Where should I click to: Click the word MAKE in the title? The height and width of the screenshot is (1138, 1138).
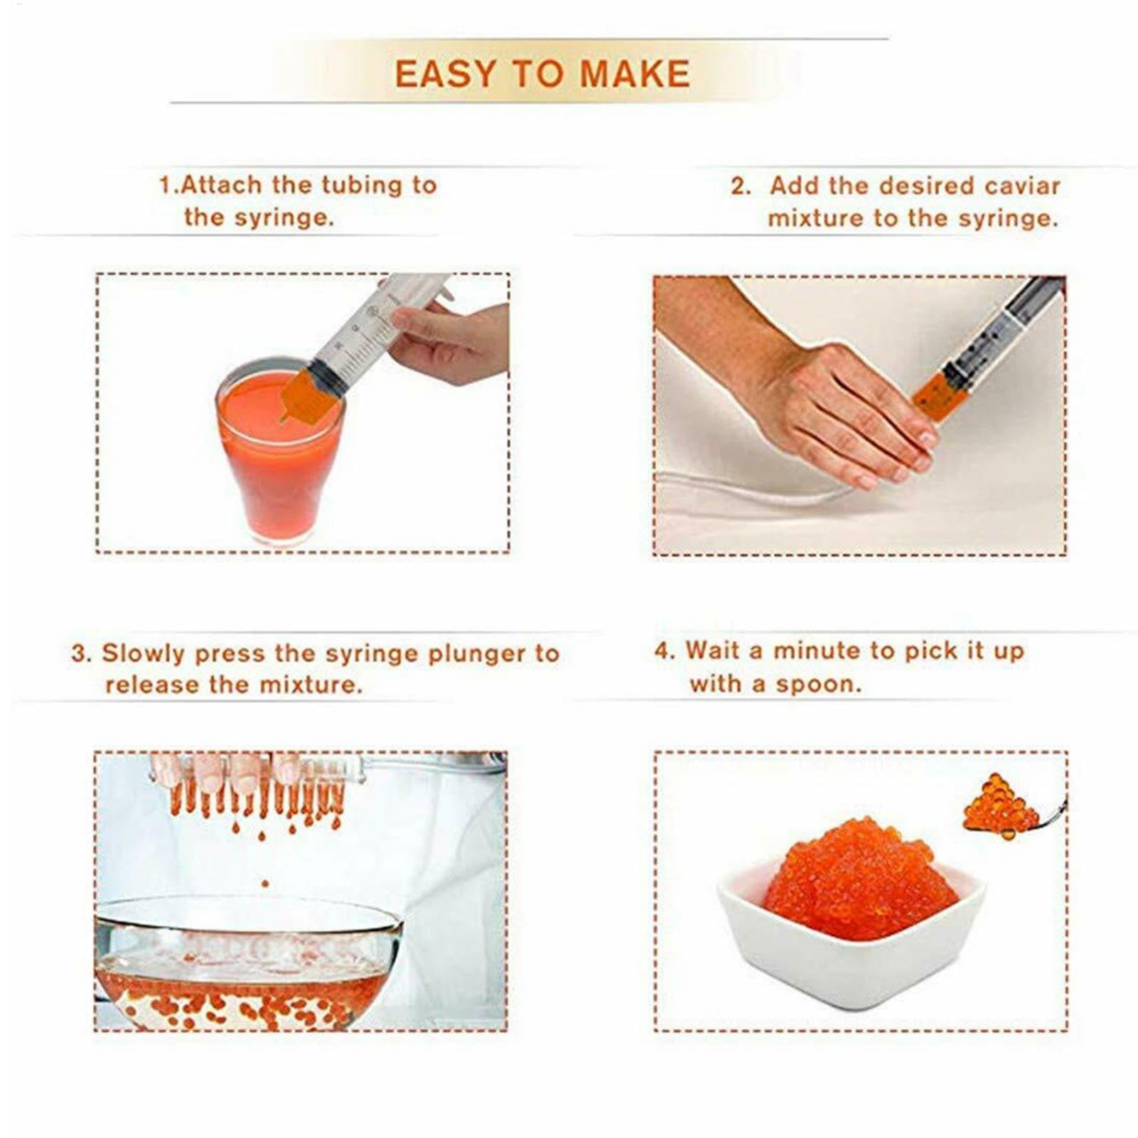(x=635, y=75)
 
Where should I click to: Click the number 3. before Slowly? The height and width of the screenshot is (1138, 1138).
(x=81, y=654)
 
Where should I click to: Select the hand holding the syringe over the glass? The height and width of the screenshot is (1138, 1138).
(x=452, y=341)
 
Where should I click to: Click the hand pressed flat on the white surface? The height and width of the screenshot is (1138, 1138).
(x=839, y=412)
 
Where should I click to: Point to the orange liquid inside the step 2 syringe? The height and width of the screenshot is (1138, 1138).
(x=940, y=395)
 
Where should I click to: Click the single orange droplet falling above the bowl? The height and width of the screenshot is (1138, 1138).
(x=265, y=884)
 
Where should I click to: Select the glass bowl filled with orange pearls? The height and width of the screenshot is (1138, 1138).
(x=245, y=967)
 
